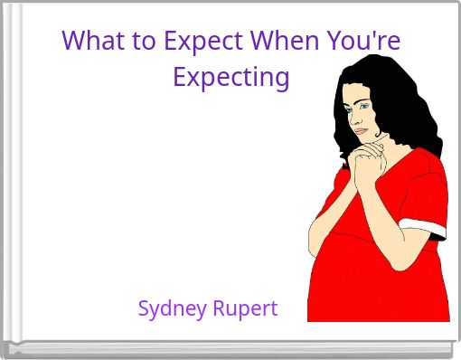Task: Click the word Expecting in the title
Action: click(x=230, y=77)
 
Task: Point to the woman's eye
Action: click(x=362, y=106)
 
